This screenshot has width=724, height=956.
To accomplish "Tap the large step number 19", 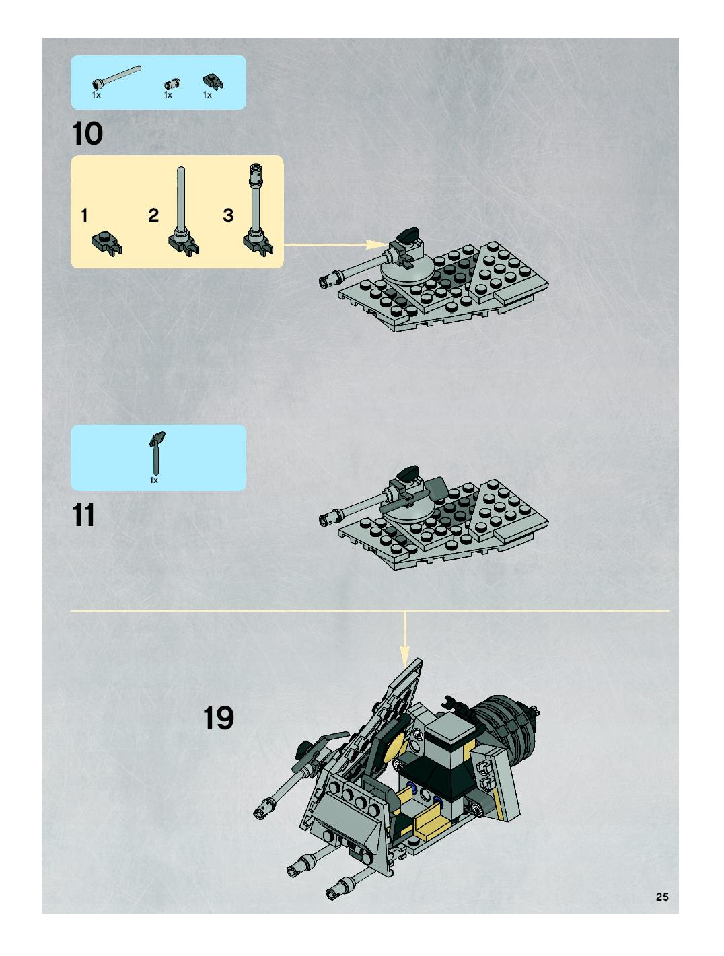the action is (218, 718).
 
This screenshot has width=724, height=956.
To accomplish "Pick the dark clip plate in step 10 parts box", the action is (213, 81).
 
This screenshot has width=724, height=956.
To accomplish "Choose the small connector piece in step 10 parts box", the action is (172, 83).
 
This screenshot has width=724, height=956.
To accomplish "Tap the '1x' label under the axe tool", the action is (154, 480).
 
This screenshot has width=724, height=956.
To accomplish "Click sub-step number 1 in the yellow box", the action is (85, 215).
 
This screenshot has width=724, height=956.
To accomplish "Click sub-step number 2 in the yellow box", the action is (153, 215).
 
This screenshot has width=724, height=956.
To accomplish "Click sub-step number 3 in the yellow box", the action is (228, 215).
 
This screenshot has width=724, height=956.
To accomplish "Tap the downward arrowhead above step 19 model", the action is (404, 657).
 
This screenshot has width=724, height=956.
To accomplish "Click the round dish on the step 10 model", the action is (407, 270).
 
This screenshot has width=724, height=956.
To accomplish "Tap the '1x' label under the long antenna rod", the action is (96, 95).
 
